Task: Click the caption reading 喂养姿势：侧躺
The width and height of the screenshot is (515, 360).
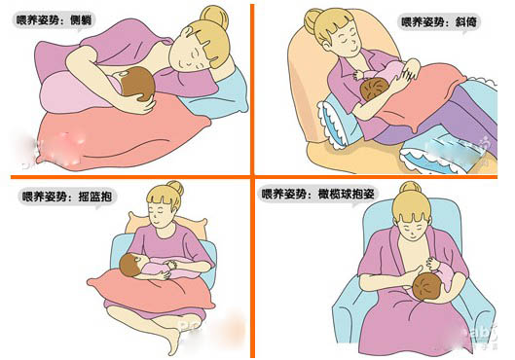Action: coord(54,20)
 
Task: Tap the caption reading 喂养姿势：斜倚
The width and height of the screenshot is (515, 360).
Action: coord(439,22)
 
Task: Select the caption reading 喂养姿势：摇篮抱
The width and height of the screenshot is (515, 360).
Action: coord(67,197)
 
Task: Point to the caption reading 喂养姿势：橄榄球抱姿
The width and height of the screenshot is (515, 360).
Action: coord(318,194)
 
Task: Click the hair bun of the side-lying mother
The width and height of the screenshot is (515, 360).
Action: coord(214,16)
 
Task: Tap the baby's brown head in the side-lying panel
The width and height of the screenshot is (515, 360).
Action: coord(138,84)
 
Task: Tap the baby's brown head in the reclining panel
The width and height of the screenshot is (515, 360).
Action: coord(374,89)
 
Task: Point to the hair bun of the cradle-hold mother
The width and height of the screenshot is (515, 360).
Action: coord(175,189)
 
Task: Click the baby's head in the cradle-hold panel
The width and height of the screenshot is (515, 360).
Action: coord(130,265)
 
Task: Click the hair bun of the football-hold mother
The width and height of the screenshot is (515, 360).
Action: coord(410,188)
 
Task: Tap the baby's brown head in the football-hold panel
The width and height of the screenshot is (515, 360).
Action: coord(427,286)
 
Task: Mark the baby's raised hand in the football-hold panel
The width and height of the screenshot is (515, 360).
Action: coord(432,264)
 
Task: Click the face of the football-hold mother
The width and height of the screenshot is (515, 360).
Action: coord(412,227)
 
